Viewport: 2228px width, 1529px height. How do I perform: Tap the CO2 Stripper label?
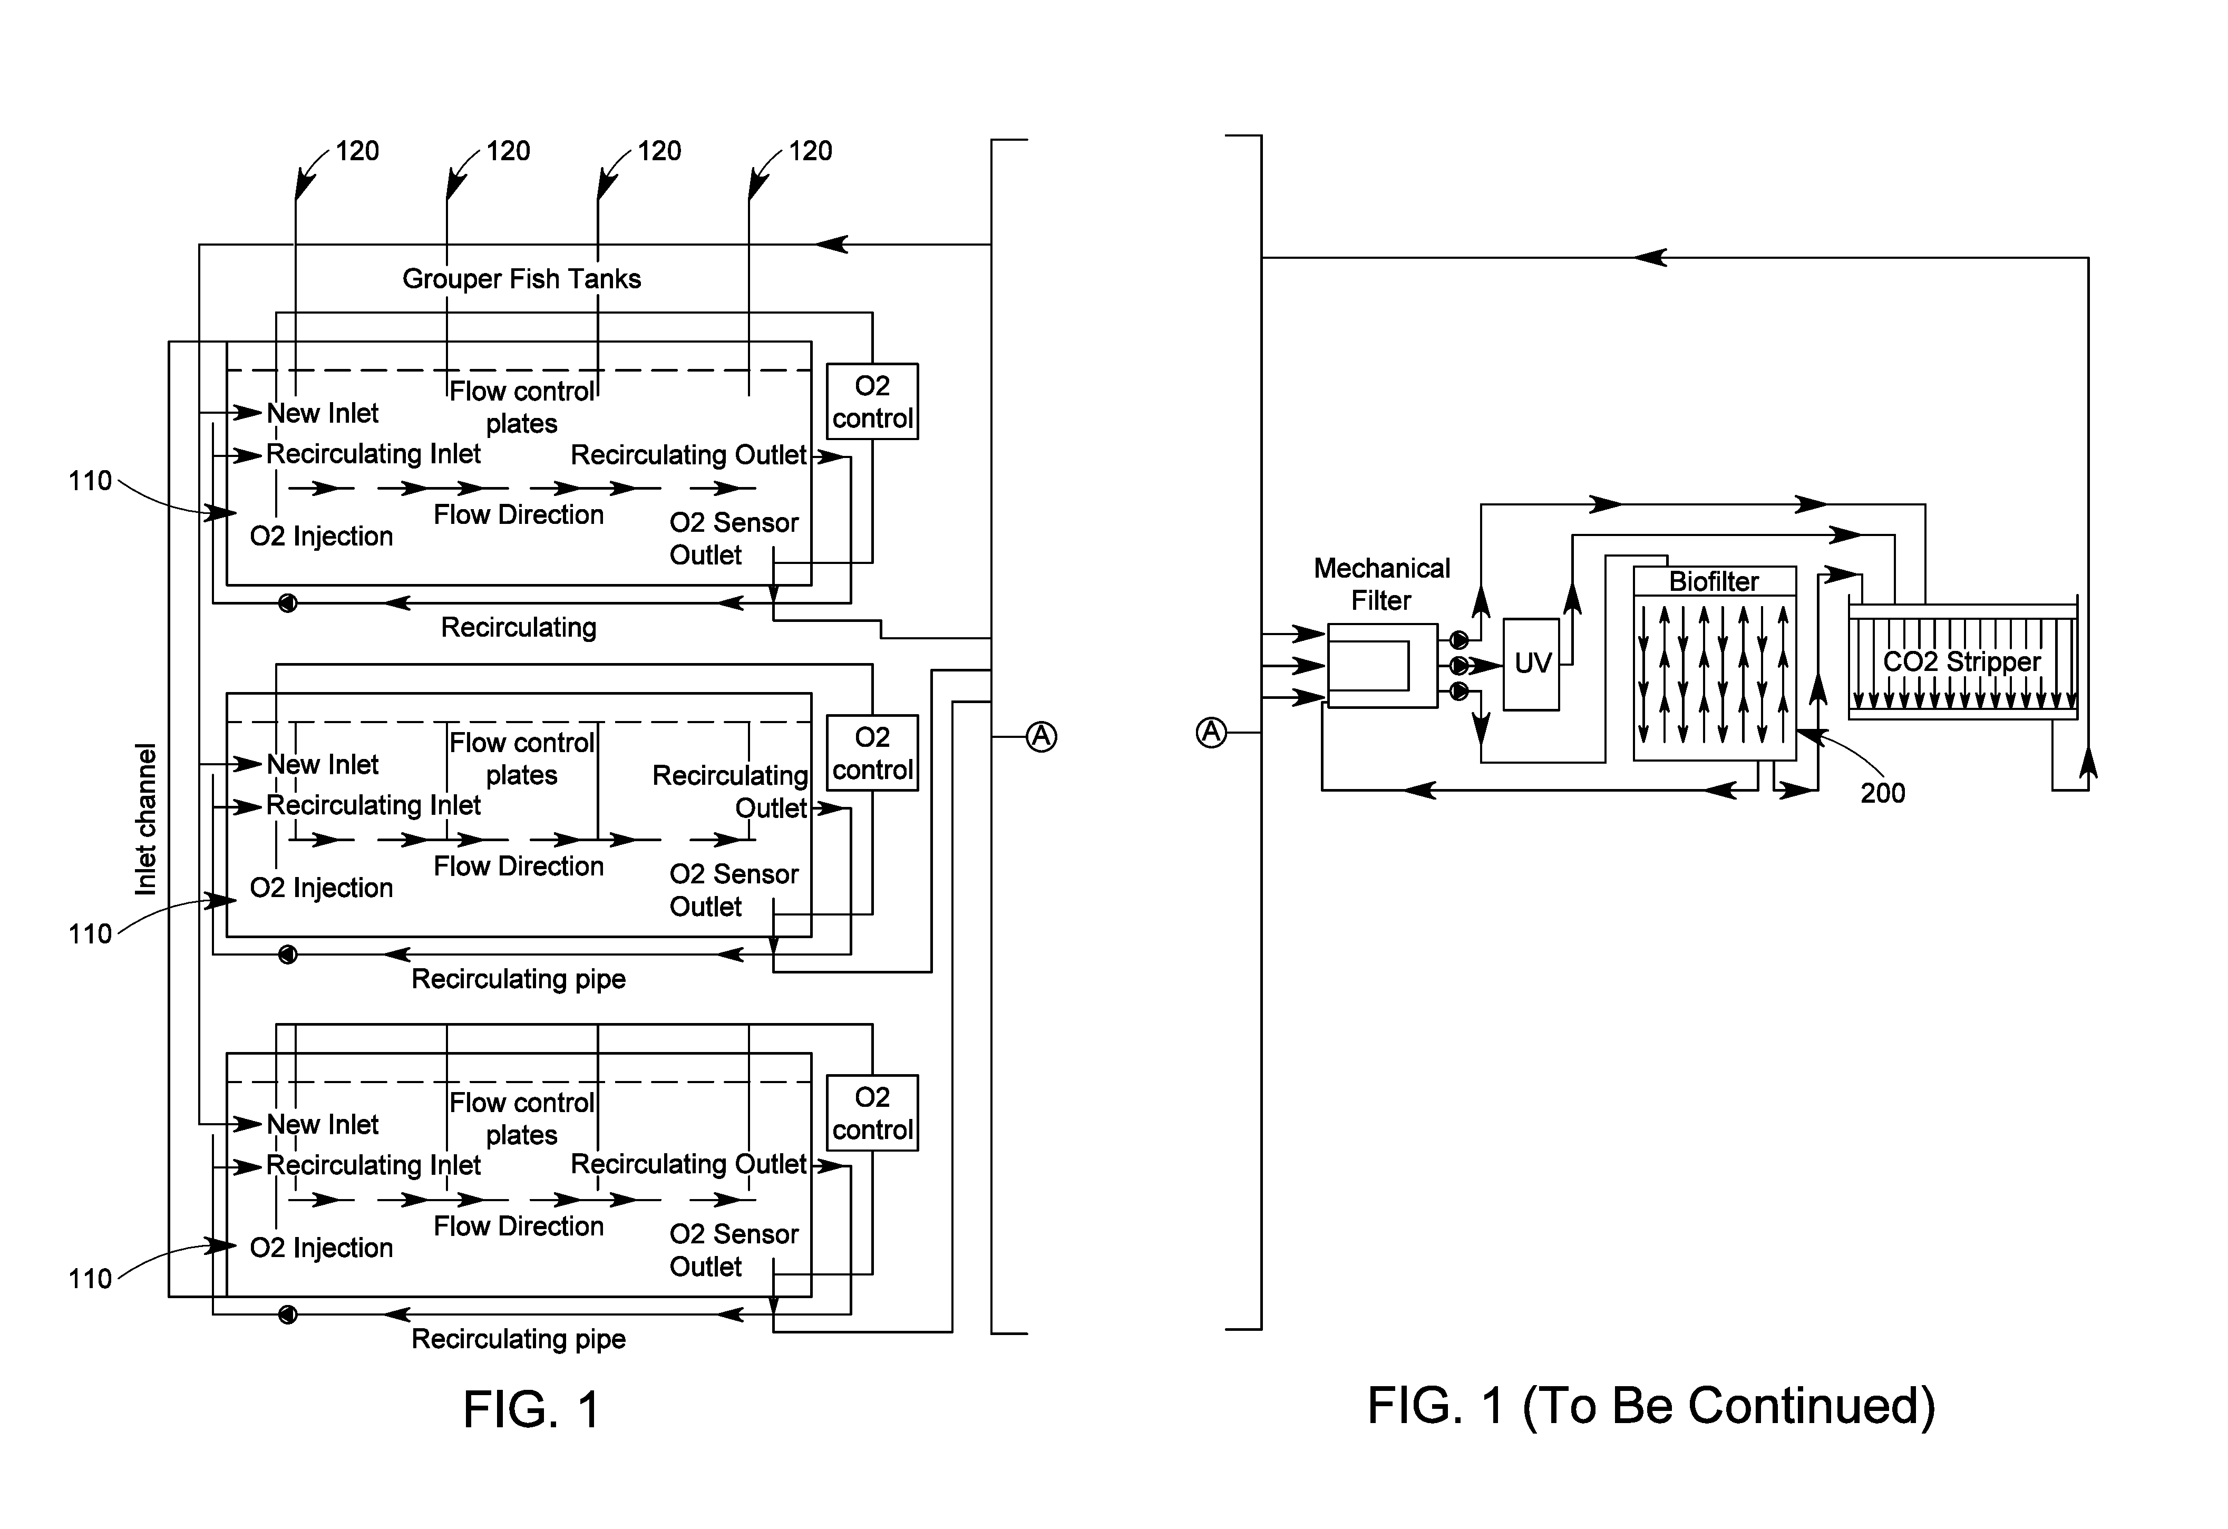pos(1961,661)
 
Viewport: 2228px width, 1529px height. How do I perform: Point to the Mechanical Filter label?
pos(1381,584)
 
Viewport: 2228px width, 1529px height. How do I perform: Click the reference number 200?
pos(1882,793)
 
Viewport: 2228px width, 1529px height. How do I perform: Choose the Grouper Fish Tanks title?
pos(521,279)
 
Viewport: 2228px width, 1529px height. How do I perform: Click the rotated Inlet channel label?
pos(145,820)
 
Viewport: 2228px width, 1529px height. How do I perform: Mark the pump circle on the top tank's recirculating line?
pos(288,603)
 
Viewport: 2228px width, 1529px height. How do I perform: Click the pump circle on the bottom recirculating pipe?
pos(288,1314)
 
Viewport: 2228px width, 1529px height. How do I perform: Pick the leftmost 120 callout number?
pos(357,151)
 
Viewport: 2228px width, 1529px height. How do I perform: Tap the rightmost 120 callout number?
pos(810,151)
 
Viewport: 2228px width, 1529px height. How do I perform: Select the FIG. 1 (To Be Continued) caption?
pos(1651,1405)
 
